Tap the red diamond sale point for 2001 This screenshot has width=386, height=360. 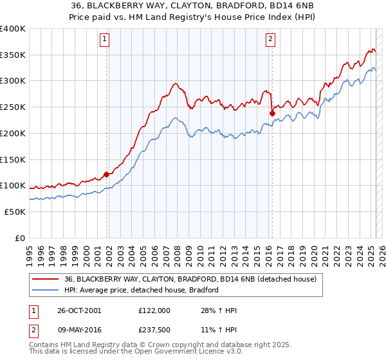[x=106, y=174]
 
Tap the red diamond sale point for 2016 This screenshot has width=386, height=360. [x=272, y=114]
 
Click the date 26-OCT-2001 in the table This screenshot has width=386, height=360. [x=78, y=310]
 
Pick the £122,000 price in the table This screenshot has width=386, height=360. [x=154, y=310]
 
